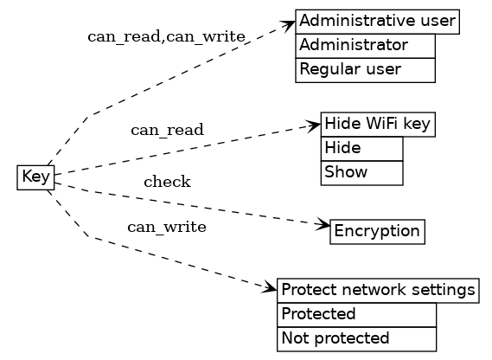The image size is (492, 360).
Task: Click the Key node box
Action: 36,177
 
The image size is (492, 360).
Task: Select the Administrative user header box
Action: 377,21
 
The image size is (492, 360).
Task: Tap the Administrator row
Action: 365,45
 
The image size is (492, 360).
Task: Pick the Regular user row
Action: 365,69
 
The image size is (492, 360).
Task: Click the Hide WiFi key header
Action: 377,125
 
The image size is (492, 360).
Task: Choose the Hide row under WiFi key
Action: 361,149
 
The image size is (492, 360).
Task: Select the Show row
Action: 361,172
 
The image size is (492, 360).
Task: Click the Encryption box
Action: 377,231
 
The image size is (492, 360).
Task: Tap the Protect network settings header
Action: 378,290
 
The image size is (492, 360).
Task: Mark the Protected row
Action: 356,314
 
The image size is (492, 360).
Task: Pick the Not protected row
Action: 356,338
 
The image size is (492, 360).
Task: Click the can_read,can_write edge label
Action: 166,37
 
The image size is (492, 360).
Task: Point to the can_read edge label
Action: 167,131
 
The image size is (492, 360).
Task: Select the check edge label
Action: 167,182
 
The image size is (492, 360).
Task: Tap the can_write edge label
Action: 167,228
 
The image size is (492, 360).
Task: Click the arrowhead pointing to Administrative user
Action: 290,24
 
